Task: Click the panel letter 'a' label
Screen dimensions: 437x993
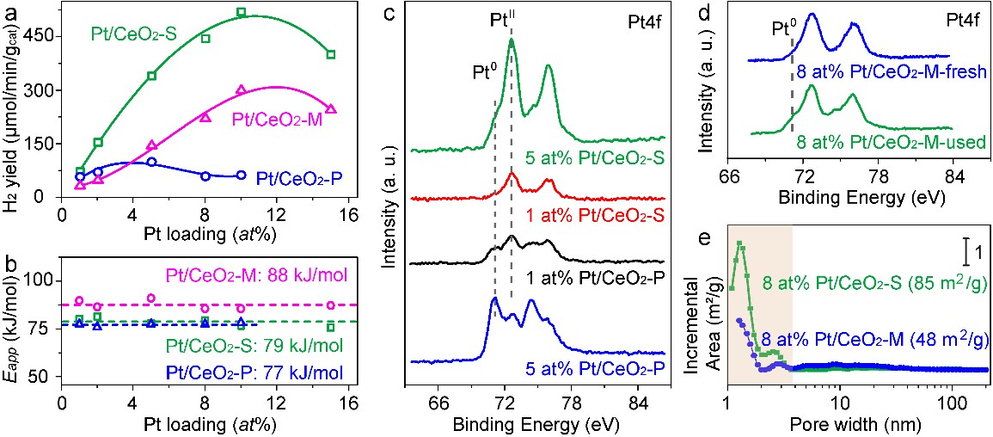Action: pos(13,12)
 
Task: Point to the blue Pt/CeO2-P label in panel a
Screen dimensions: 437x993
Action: pos(301,180)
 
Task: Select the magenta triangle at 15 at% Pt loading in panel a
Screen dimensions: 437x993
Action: pos(331,109)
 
